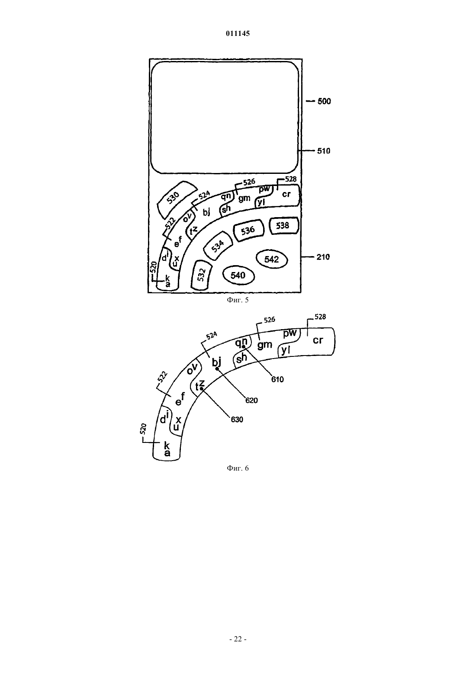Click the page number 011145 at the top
pos(238,33)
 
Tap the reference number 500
pos(324,101)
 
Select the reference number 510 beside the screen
pos(324,151)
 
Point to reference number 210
pos(323,257)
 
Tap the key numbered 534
pos(218,246)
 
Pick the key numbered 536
pos(248,231)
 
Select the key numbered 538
pos(283,226)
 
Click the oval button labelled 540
pos(238,275)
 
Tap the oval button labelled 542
pos(272,259)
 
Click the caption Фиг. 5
pos(238,300)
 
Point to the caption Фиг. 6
pos(238,468)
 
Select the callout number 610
pos(277,379)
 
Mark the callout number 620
pos(251,401)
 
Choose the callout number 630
pos(237,420)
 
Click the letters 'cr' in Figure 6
pos(318,340)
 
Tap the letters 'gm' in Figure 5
pos(244,198)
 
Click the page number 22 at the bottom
pos(238,639)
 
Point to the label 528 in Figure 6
pos(320,317)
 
